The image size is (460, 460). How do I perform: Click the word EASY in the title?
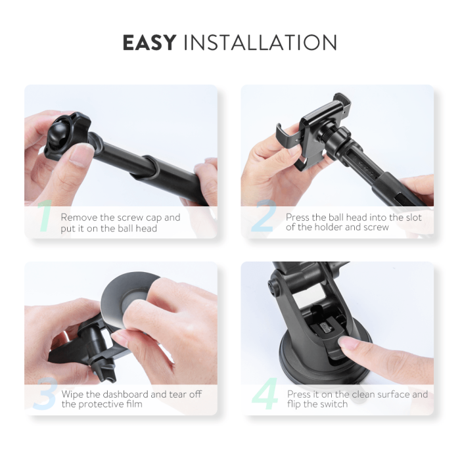[149, 43]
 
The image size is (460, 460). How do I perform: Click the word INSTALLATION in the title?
[260, 43]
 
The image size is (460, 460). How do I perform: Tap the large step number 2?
[263, 218]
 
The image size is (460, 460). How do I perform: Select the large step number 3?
[43, 395]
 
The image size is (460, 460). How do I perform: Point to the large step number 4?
[265, 395]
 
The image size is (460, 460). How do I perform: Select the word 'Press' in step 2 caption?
[299, 218]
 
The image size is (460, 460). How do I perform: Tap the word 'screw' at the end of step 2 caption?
[377, 227]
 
